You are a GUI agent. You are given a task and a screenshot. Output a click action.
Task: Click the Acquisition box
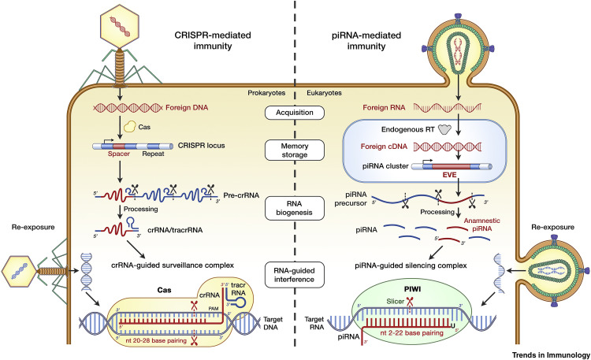[295, 113]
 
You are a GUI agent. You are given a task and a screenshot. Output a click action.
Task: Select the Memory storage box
[295, 150]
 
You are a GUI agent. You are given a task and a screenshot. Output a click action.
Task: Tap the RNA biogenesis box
[295, 208]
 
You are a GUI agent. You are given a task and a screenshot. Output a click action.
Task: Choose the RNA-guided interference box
[295, 275]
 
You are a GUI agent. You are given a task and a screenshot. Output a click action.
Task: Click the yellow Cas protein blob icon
[130, 127]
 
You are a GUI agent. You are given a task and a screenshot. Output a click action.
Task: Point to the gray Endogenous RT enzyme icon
[444, 130]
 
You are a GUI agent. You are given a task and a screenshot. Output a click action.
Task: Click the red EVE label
[449, 175]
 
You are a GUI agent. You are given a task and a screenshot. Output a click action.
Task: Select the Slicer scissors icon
[410, 301]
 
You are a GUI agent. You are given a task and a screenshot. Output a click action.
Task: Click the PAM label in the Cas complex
[214, 308]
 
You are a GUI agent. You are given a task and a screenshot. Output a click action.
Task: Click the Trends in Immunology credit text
[551, 354]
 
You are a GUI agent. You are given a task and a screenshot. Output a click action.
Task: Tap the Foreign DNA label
[187, 108]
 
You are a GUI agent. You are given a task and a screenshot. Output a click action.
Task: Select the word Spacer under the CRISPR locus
[119, 154]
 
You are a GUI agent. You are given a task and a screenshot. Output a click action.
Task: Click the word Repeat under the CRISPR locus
[153, 154]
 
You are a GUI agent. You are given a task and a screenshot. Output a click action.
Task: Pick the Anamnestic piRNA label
[481, 225]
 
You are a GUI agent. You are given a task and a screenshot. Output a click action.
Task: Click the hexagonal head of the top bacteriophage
[120, 26]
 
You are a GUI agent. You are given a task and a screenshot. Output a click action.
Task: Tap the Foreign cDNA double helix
[448, 147]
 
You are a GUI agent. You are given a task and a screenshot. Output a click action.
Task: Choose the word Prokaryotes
[266, 93]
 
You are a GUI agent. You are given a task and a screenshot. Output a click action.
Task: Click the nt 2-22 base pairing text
[411, 333]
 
